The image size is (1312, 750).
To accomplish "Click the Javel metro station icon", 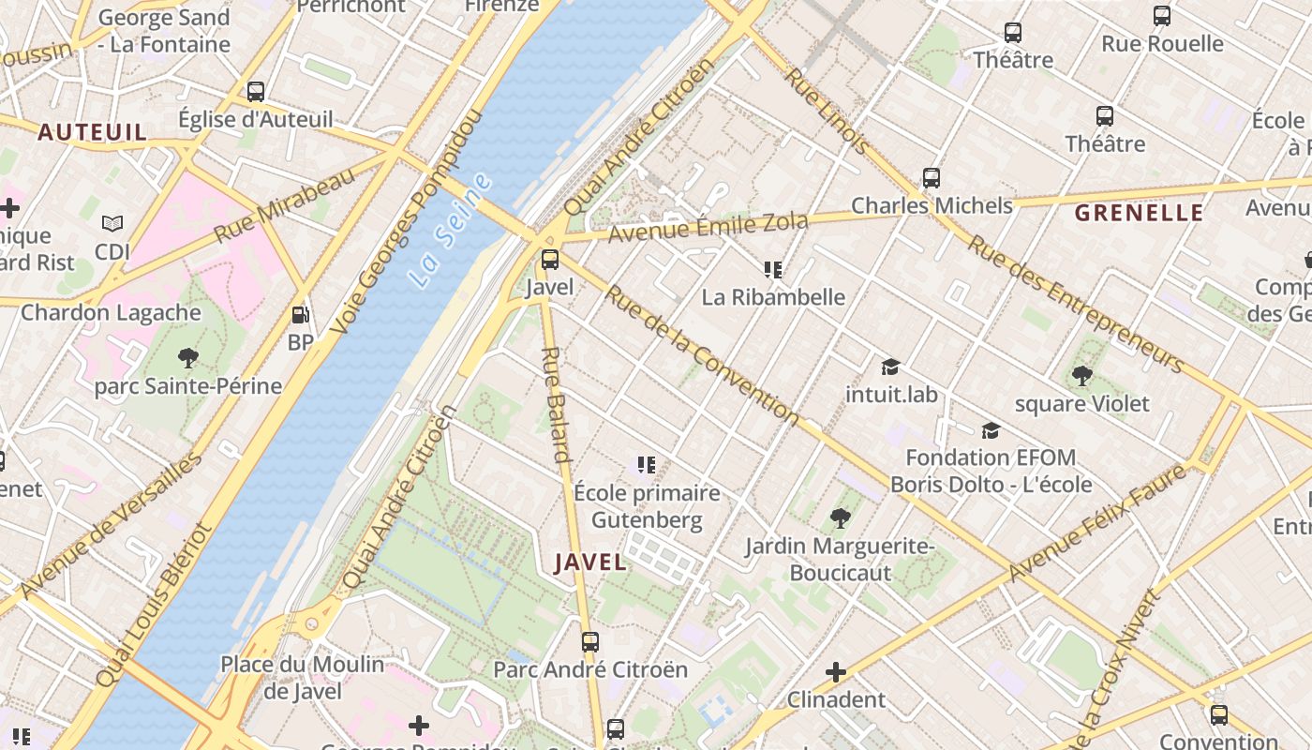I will (550, 260).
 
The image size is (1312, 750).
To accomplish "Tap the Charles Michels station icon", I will (931, 178).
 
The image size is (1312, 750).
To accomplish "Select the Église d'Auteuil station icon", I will (255, 92).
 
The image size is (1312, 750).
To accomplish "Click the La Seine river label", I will (450, 231).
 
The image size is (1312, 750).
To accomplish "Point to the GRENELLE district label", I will (1139, 213).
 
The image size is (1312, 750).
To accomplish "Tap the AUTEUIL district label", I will (92, 132).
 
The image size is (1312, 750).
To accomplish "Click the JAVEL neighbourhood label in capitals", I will (590, 562).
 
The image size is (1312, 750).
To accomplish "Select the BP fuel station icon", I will (300, 316).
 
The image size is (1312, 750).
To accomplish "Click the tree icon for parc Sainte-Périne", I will (187, 357).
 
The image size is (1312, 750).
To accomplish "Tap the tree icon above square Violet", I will (1081, 376).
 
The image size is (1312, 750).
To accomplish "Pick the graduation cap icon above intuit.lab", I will (890, 367).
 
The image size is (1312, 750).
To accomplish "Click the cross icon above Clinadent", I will (836, 672).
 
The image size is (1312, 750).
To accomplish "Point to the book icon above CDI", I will (112, 224).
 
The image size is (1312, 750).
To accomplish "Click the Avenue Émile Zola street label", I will (708, 227).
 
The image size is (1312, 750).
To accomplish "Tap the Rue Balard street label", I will (556, 405).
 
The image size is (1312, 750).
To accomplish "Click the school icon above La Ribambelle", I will (773, 270).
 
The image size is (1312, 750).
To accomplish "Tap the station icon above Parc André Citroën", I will (589, 642).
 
